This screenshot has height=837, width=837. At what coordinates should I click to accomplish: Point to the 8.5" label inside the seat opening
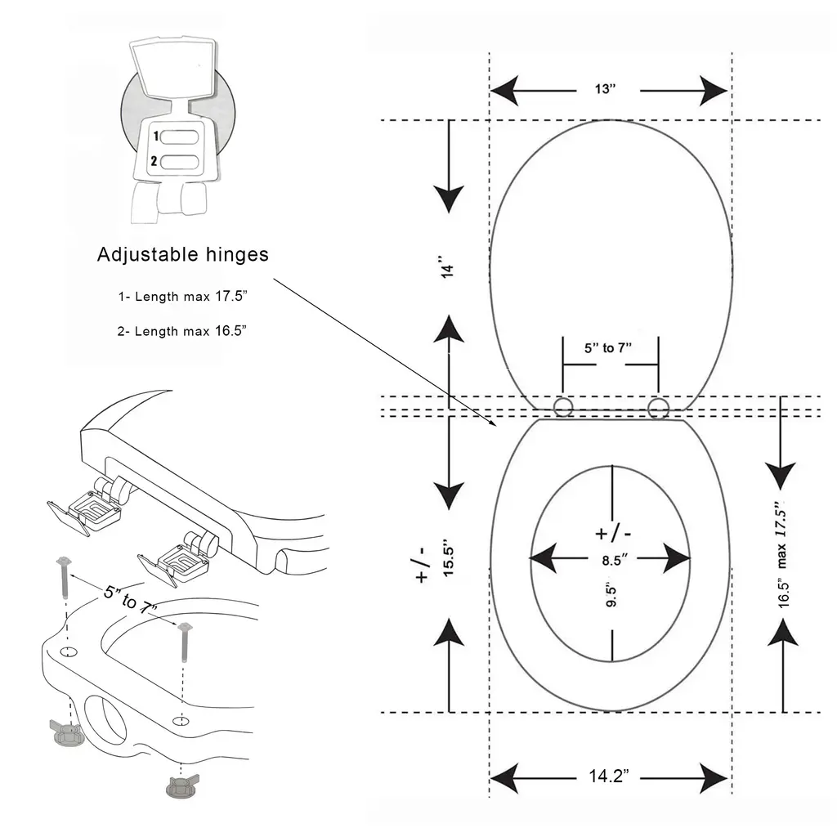pos(609,560)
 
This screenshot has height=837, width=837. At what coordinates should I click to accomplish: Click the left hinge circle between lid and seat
pos(563,406)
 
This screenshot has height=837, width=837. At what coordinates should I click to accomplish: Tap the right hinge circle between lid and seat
pos(658,406)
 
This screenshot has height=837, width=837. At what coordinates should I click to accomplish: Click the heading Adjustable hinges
pos(182,254)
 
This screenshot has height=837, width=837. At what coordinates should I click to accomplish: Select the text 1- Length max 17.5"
pos(182,296)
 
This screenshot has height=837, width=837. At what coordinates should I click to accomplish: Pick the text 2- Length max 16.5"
pos(182,330)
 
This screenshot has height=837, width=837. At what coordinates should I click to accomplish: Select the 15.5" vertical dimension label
pos(448,558)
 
